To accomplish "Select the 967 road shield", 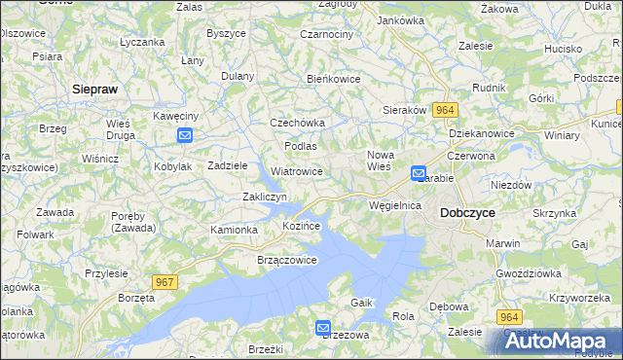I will pos(165,282).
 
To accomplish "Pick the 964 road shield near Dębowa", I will pos(509,317).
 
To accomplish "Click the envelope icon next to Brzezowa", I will pos(323,329).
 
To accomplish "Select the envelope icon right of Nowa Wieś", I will pos(419,174).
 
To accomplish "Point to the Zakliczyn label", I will pos(264,197).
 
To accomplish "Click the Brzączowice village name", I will pos(286,260).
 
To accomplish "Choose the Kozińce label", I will pos(301,225).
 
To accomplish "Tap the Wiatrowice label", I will pos(297,171).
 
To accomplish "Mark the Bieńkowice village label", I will pos(334,79).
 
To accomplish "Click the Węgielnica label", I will pos(394,205).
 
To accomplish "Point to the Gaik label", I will pos(362,303).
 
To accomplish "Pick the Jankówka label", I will pos(400,20).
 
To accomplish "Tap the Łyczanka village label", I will pos(141,43).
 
